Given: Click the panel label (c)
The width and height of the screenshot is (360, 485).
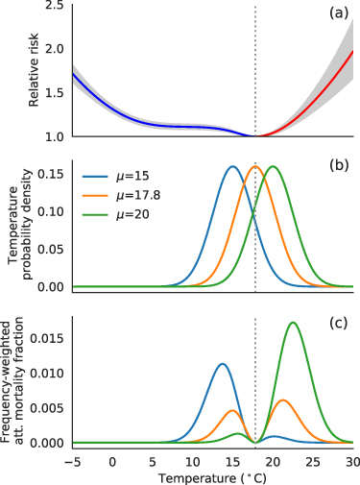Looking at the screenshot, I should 337,323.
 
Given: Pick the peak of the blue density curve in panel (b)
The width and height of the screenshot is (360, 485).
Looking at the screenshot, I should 232,167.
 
